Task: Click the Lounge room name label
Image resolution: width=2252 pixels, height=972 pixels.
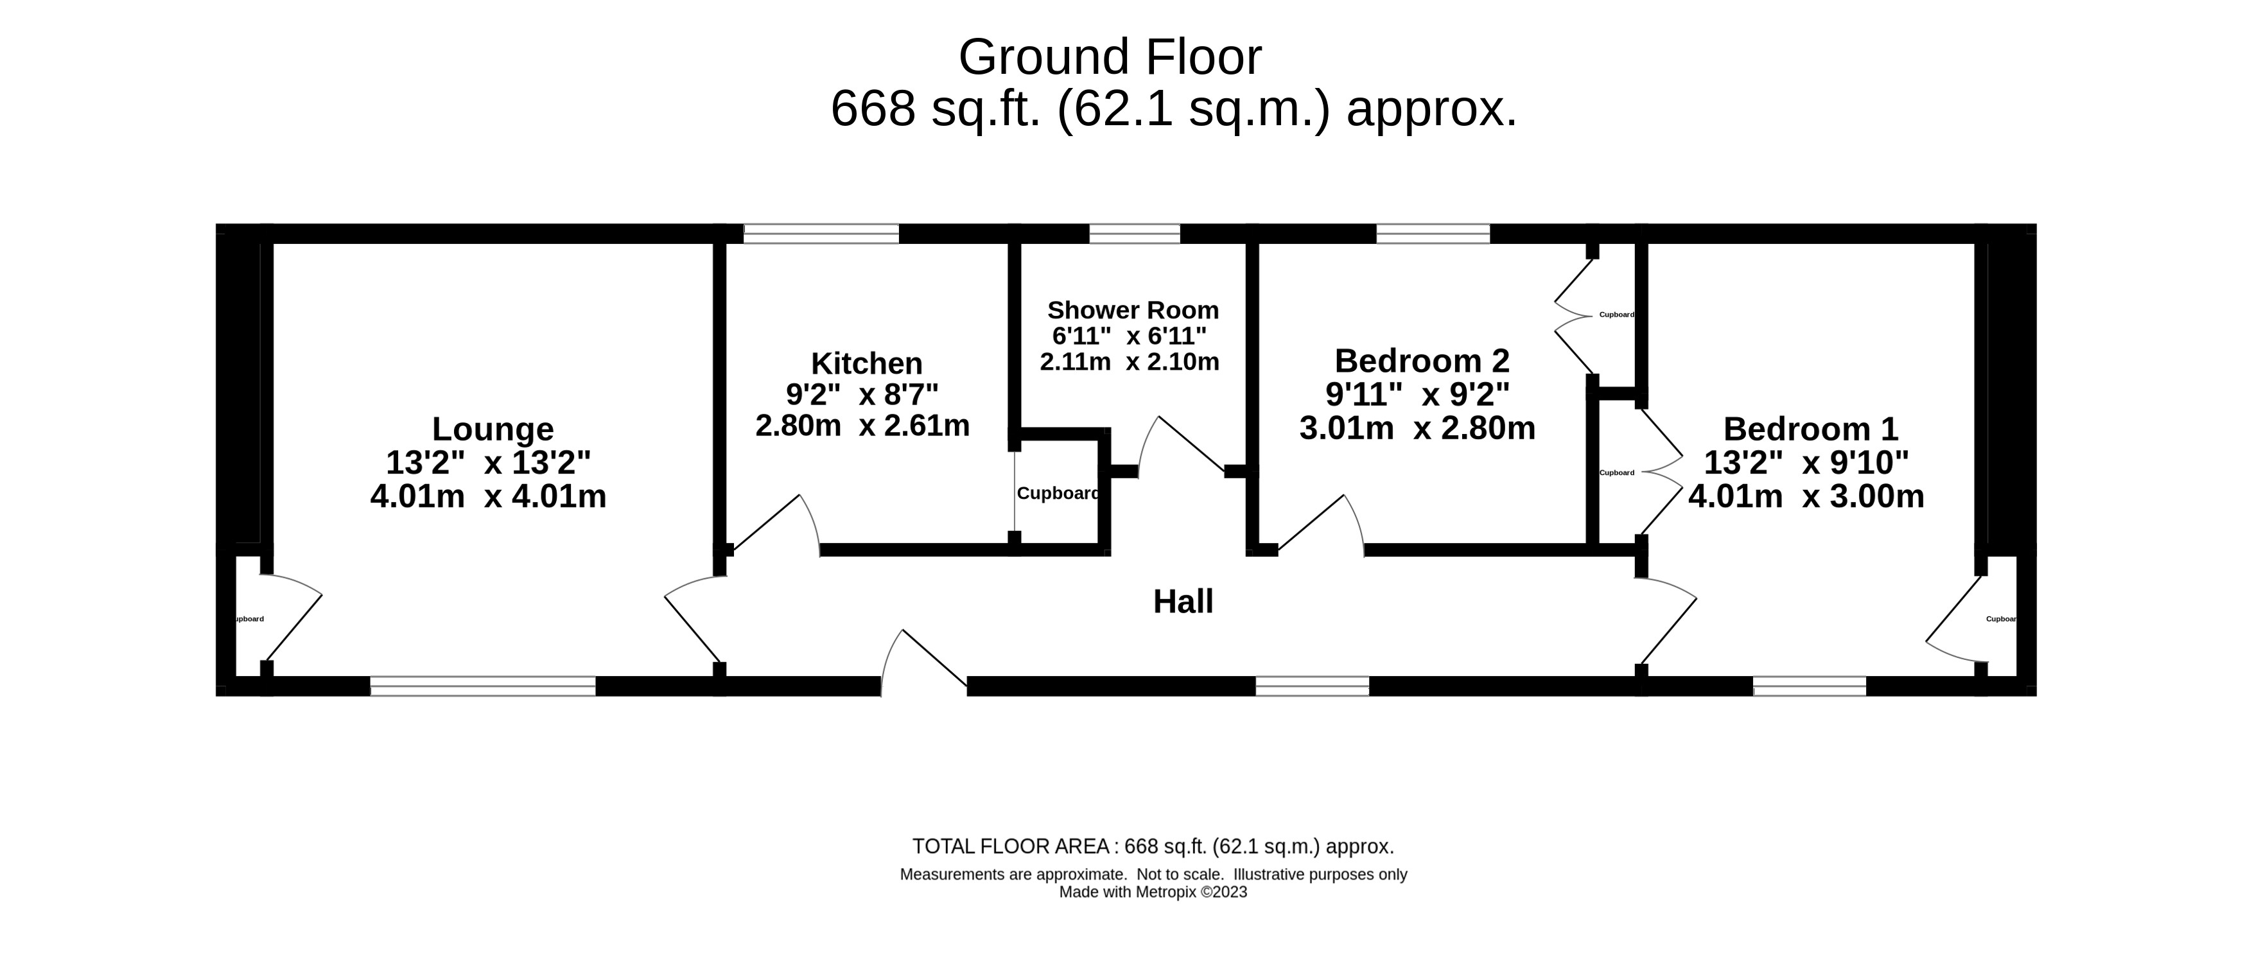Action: pos(492,430)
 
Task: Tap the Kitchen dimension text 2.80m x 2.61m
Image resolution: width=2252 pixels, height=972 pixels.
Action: pos(862,426)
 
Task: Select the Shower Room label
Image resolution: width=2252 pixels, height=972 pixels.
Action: pos(1132,310)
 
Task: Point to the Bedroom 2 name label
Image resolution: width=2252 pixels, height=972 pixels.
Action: pos(1422,360)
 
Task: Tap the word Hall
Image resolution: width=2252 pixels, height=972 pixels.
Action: pos(1183,602)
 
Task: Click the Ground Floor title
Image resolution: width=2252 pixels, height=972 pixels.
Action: pos(1110,58)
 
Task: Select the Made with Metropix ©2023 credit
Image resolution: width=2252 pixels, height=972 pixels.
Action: pos(1152,892)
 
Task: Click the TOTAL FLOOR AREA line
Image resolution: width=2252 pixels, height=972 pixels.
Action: pos(1152,846)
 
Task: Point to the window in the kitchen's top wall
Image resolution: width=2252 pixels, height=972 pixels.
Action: pos(821,234)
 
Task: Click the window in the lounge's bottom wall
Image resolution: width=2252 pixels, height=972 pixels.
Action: pos(483,686)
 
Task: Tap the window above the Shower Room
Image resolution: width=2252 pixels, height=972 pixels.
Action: pos(1134,234)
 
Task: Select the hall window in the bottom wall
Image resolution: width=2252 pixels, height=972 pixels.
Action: pos(1311,686)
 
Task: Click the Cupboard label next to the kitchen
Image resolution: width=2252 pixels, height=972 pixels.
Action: pos(1057,494)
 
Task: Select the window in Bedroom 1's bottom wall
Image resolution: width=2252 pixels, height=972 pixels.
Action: pos(1809,686)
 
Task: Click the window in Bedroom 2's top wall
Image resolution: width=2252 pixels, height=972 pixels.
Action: pos(1432,234)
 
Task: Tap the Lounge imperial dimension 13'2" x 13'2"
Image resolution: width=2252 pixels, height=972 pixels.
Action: pos(488,462)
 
